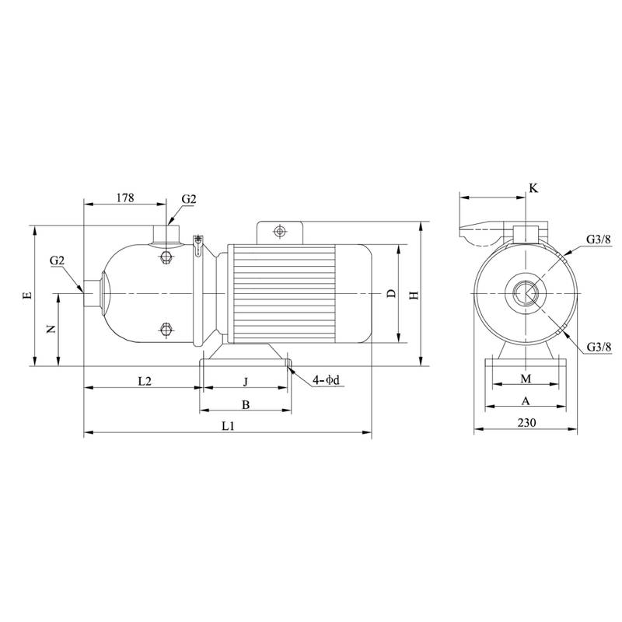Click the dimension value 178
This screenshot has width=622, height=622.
pos(124,197)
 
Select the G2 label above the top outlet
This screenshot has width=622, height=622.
pos(189,199)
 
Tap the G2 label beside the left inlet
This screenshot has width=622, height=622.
pos(57,260)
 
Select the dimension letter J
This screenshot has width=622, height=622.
pos(246,381)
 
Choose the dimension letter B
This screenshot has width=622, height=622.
pos(245,405)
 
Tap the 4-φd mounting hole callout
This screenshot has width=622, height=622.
pos(327,380)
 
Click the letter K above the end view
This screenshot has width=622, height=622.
pos(533,188)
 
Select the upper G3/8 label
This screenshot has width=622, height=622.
pos(598,240)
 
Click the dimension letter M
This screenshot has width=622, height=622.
pos(526,378)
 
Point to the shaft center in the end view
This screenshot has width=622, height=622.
pos(525,294)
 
